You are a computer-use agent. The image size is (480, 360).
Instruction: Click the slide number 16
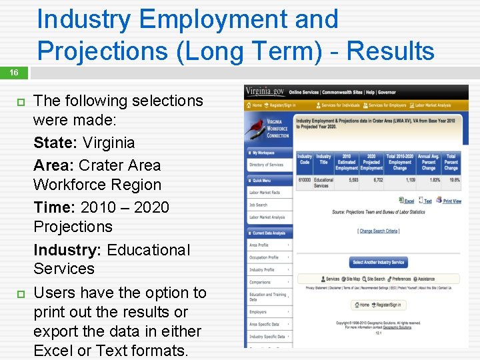[13, 72]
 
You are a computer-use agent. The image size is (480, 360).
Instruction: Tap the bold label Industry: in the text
[67, 250]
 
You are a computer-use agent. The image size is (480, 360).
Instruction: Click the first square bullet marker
[20, 102]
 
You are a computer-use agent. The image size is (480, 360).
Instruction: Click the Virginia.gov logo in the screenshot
[265, 91]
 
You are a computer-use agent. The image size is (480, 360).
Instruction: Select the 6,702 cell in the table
[373, 180]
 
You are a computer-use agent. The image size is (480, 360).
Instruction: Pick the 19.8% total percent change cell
[451, 180]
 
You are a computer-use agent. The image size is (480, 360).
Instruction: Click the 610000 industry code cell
[304, 180]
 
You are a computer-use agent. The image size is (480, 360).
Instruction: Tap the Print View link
[452, 201]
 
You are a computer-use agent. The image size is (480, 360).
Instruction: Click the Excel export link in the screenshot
[408, 201]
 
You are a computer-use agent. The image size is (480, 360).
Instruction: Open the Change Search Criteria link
[379, 231]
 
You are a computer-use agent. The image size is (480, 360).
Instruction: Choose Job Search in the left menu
[258, 205]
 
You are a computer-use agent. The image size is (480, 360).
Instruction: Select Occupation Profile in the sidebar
[264, 257]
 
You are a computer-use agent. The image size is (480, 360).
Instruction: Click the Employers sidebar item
[258, 311]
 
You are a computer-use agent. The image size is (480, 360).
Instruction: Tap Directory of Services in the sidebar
[266, 165]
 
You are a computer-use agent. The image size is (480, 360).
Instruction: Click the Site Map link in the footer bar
[353, 279]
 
